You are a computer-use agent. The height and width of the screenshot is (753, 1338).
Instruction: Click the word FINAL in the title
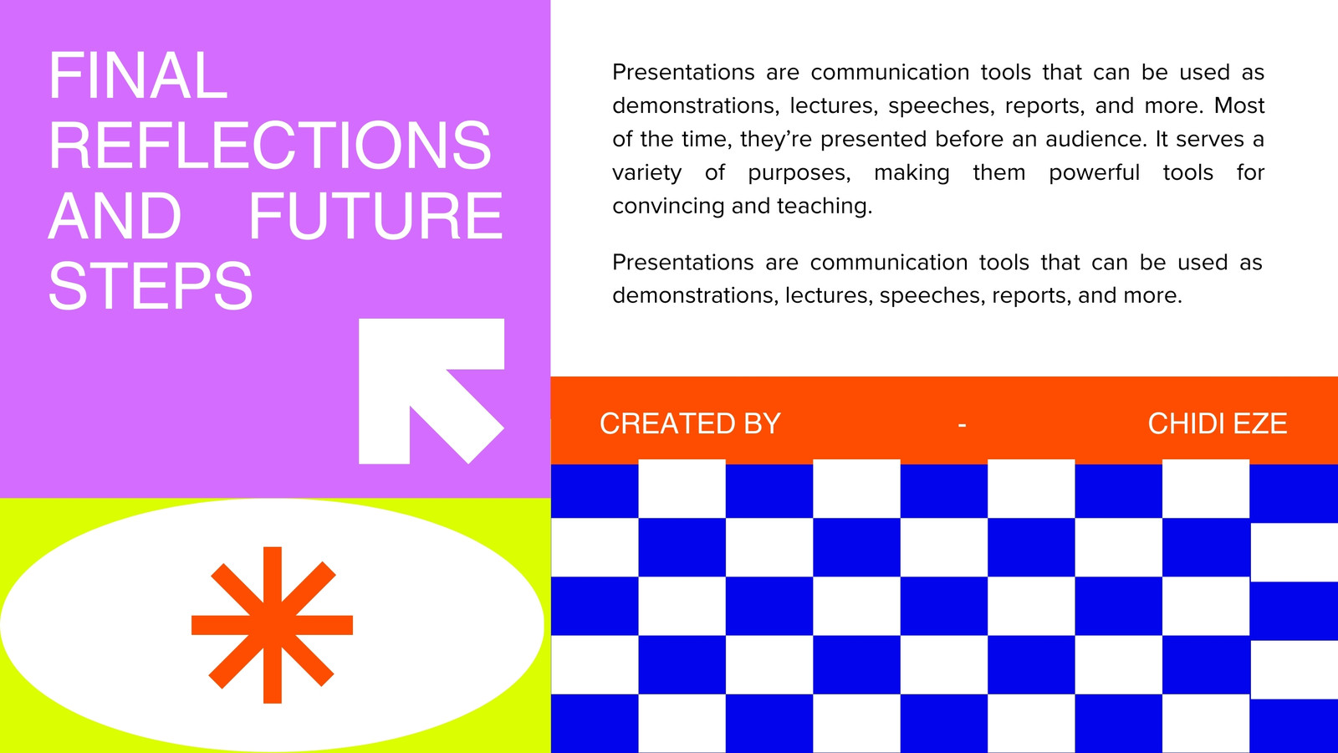138,75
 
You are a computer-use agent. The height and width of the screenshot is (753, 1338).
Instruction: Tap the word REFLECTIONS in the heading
270,146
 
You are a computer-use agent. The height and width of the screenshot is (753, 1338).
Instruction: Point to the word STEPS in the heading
151,285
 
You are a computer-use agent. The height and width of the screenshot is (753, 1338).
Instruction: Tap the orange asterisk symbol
273,625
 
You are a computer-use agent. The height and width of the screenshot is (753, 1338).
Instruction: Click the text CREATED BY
691,423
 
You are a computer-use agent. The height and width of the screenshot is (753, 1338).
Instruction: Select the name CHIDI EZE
1218,423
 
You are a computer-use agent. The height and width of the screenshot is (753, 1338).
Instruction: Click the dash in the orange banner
963,425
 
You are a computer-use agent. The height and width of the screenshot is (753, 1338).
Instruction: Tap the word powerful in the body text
1095,173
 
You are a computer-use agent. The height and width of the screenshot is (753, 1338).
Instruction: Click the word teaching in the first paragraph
825,207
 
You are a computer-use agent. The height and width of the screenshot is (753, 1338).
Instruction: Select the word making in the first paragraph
912,173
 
